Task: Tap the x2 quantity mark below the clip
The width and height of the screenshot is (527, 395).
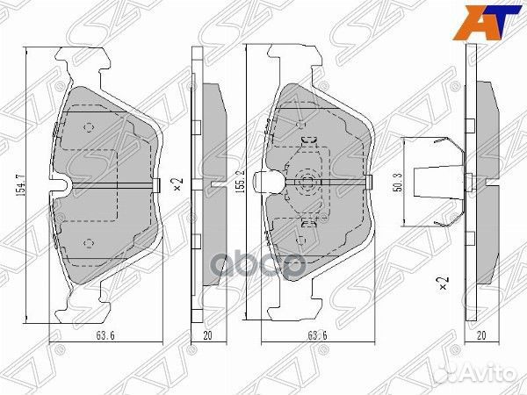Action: [442, 283]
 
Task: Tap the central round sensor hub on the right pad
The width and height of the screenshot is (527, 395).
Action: [307, 183]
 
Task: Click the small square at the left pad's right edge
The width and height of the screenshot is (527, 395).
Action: [155, 183]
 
